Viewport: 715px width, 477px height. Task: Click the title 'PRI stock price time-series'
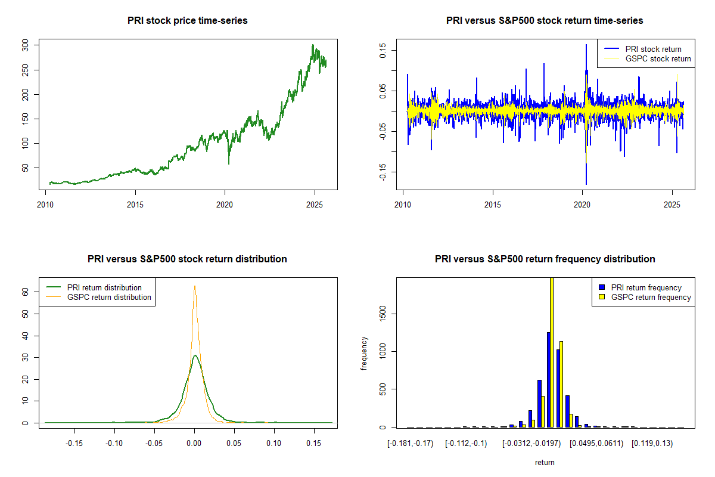(188, 21)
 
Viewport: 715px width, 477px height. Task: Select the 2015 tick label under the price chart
(135, 203)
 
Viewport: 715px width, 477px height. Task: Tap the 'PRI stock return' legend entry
(653, 49)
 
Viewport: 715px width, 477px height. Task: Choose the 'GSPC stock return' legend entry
(658, 58)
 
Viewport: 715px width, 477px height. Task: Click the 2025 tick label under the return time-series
(672, 203)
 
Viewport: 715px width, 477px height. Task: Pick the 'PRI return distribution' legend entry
(104, 287)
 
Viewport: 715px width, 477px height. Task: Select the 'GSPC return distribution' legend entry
(109, 297)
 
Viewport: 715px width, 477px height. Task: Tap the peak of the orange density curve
(194, 286)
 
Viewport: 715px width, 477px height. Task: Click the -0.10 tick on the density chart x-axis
(114, 443)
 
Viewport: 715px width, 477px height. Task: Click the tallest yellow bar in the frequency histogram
(552, 352)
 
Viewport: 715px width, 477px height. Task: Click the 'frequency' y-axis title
(364, 353)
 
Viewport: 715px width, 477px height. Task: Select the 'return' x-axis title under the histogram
(545, 462)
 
